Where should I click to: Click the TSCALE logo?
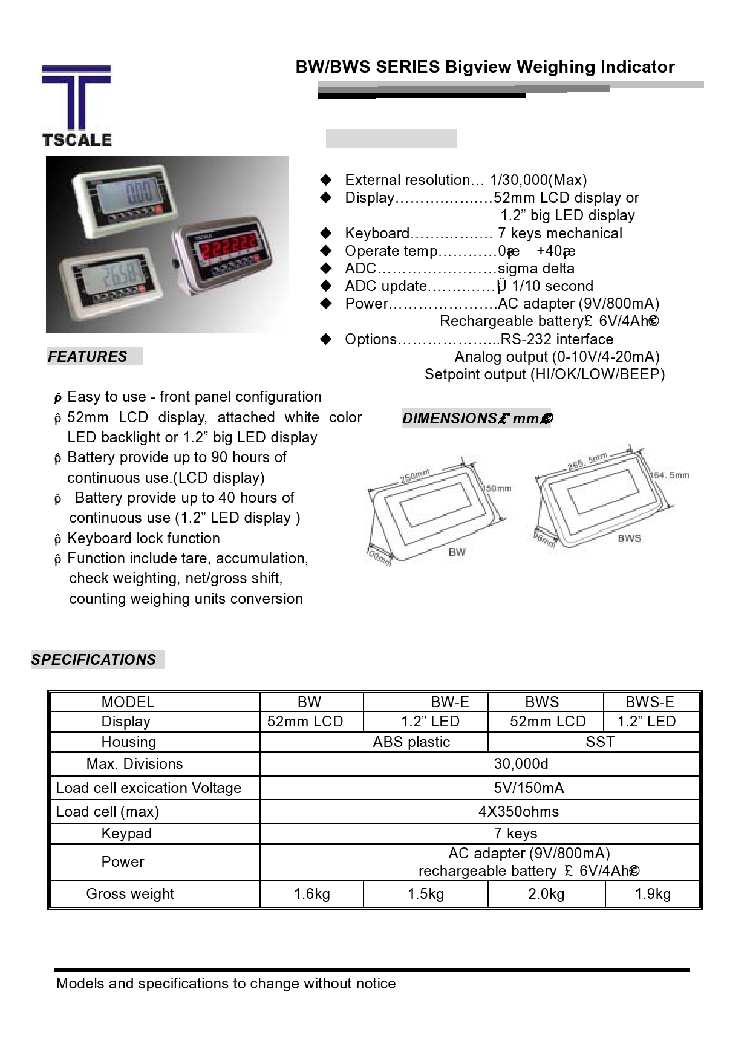pyautogui.click(x=76, y=106)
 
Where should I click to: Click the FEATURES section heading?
pyautogui.click(x=88, y=357)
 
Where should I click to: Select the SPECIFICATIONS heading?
pyautogui.click(x=94, y=659)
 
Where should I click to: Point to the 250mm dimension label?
pyautogui.click(x=415, y=476)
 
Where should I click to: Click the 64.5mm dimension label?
pyautogui.click(x=670, y=475)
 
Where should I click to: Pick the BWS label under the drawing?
pyautogui.click(x=629, y=538)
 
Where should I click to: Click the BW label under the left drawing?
pyautogui.click(x=457, y=551)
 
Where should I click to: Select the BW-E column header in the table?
pyautogui.click(x=450, y=702)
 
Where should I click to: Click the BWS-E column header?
pyautogui.click(x=650, y=702)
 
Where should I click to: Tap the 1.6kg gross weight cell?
pyautogui.click(x=312, y=894)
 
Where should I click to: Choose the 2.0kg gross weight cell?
pyautogui.click(x=546, y=894)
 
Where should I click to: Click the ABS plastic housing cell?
pyautogui.click(x=411, y=742)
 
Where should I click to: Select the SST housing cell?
pyautogui.click(x=600, y=742)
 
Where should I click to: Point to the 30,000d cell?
pyautogui.click(x=521, y=764)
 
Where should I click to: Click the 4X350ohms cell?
pyautogui.click(x=518, y=812)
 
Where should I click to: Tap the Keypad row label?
pyautogui.click(x=126, y=834)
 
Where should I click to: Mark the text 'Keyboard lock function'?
pyautogui.click(x=143, y=538)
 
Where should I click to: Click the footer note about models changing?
pyautogui.click(x=226, y=984)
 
